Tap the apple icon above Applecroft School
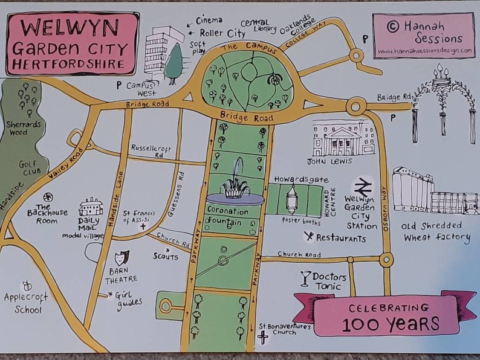[27, 286]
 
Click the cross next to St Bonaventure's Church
[263, 338]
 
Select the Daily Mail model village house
[90, 207]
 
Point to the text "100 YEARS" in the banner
[391, 324]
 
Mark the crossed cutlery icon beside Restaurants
[309, 237]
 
